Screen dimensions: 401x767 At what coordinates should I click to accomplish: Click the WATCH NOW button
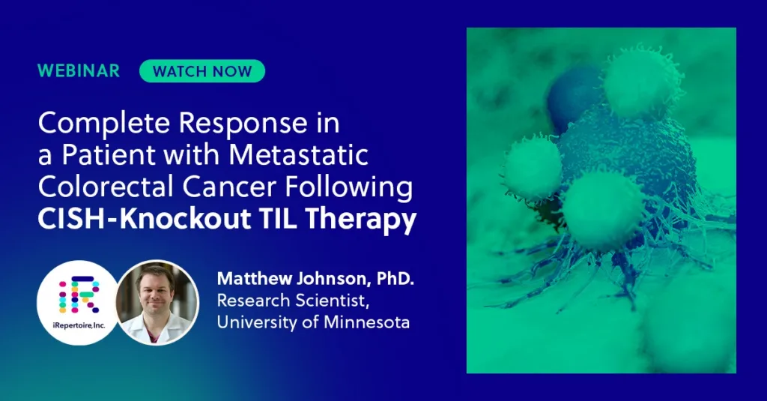(201, 71)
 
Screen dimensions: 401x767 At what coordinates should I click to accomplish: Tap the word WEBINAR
(79, 71)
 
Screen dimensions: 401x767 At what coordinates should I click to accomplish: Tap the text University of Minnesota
(313, 323)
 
